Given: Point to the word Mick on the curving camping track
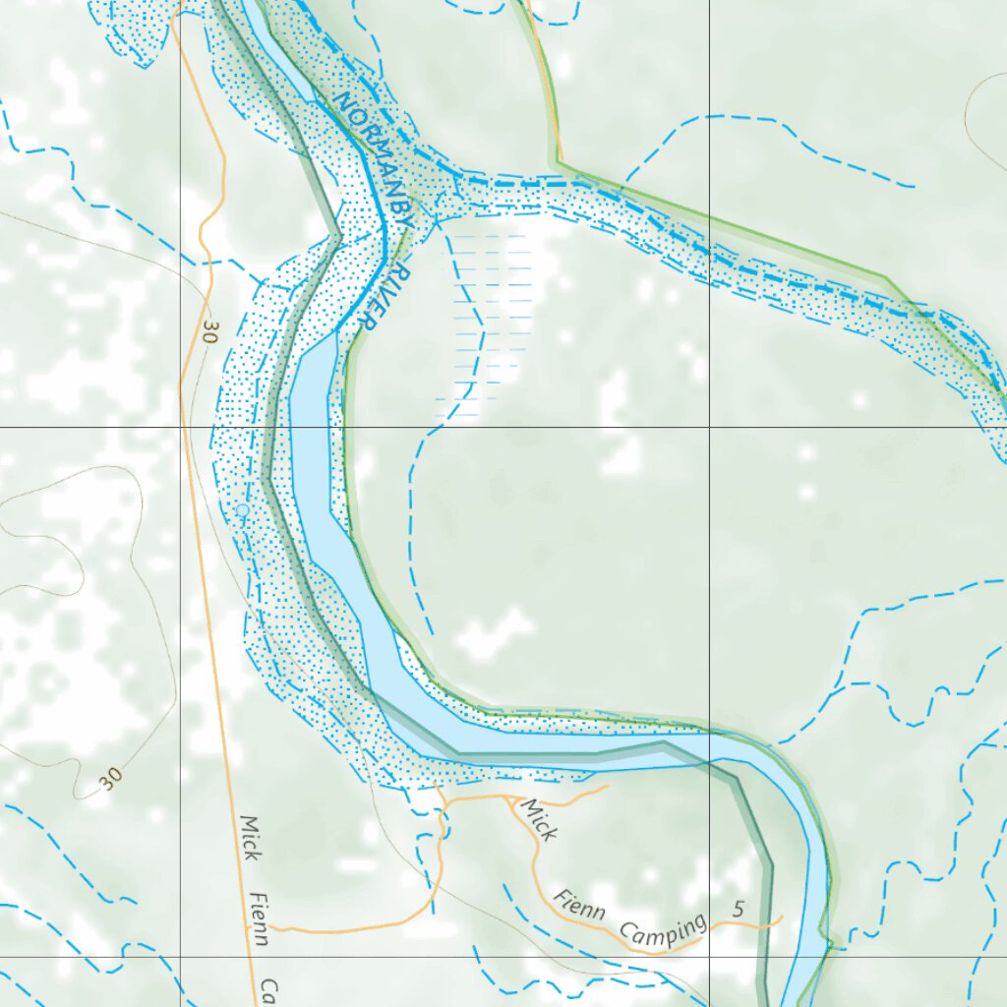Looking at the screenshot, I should coord(538,820).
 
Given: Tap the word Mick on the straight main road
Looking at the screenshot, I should coord(250,838).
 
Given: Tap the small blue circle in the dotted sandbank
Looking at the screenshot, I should coord(242,509).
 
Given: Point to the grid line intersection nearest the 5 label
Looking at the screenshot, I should coord(710,956).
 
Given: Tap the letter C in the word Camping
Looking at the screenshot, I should coord(627,928).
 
